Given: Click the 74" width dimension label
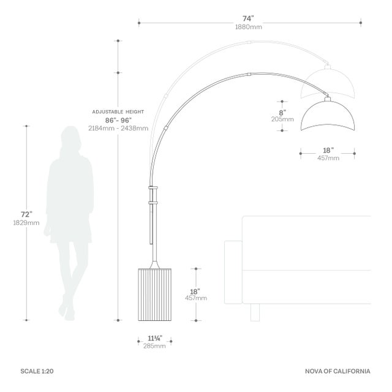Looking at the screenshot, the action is [x=248, y=18].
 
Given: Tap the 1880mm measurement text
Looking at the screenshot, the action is [x=249, y=27].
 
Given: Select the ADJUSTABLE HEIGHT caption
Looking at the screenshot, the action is [x=118, y=111].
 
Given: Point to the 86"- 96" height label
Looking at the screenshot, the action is [x=118, y=120].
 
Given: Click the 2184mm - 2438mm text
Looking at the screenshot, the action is [x=118, y=128].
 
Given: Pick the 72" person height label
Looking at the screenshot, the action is [x=26, y=214].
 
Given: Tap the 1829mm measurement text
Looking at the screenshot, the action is [x=26, y=223].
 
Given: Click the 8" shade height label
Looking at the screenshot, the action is [x=282, y=113].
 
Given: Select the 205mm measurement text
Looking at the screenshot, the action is [x=282, y=119].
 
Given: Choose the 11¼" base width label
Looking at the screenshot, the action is [x=155, y=338].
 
